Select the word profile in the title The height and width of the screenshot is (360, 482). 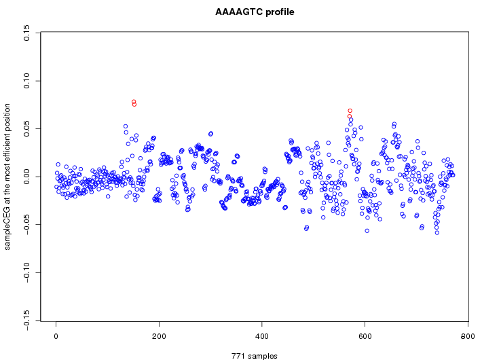point(279,12)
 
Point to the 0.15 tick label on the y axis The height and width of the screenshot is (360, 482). point(26,33)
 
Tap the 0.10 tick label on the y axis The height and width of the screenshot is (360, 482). point(26,81)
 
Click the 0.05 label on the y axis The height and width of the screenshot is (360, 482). point(26,129)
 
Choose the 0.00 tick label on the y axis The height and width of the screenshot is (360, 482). point(26,177)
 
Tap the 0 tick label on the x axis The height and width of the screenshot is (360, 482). point(56,336)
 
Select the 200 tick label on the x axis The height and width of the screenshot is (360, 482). point(159,336)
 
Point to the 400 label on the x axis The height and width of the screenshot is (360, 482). point(262,336)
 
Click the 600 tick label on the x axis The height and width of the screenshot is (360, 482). point(365,336)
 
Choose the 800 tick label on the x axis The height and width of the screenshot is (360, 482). point(467,336)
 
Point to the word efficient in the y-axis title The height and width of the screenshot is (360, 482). point(7,134)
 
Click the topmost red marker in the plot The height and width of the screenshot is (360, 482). point(134,102)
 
